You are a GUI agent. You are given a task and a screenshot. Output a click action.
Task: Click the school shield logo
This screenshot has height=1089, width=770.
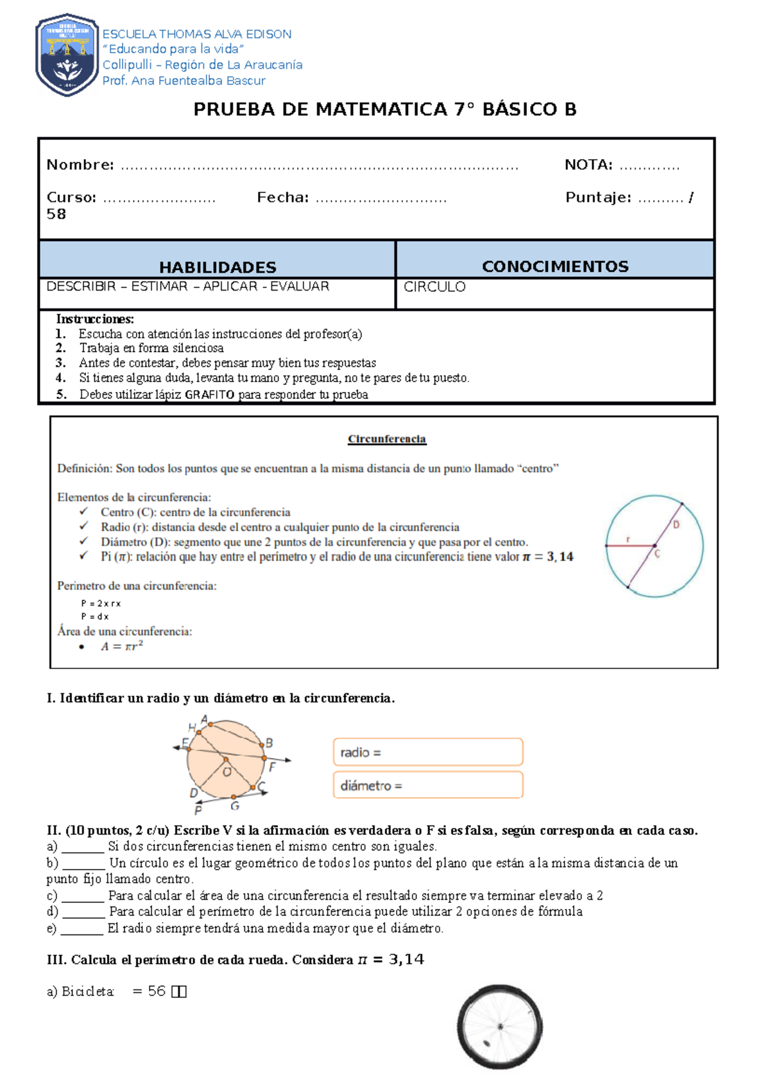point(67,55)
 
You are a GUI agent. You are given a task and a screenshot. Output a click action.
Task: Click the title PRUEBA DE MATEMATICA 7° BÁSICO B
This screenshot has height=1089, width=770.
point(385,110)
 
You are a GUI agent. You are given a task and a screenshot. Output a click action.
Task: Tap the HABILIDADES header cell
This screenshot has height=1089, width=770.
point(218,267)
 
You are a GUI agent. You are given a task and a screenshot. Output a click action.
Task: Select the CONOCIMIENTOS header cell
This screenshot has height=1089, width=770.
point(555,266)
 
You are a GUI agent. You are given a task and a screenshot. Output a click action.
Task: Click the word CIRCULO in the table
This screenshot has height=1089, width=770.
point(434,287)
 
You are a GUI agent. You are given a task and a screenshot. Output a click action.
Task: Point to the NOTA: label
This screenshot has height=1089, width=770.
point(588,165)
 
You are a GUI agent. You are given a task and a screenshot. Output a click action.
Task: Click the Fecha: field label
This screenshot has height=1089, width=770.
point(283,198)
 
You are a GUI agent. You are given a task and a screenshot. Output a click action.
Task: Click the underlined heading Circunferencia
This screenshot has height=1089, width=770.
point(387,439)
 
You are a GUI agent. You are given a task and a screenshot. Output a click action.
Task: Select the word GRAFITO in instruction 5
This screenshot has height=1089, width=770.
point(209,395)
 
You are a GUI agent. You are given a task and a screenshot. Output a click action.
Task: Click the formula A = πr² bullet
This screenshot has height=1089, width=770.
point(122,646)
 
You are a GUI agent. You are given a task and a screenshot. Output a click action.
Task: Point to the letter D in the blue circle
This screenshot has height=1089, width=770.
point(676,525)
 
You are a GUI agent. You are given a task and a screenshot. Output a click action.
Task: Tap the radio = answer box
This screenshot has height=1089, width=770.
point(428,752)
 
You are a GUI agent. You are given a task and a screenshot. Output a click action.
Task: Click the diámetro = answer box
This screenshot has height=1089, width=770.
point(428,786)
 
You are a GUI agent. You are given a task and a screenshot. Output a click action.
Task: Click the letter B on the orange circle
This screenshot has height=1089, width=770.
point(269,743)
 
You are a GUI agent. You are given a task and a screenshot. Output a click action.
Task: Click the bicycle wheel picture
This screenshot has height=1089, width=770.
point(499,1027)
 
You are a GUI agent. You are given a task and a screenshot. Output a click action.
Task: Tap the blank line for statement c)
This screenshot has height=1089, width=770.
point(83,897)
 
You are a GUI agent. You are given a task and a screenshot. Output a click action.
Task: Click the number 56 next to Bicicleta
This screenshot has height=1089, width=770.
point(157,992)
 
